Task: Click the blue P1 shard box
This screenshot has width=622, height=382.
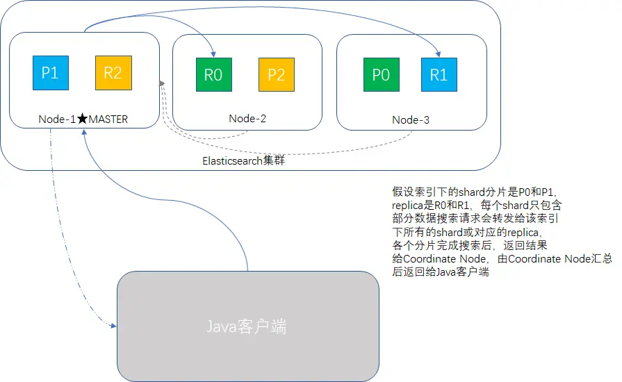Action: point(50,73)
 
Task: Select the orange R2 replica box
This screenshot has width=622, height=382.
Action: point(113,73)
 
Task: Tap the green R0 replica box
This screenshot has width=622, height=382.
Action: point(213,75)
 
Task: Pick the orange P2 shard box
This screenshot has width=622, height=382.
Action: point(276,75)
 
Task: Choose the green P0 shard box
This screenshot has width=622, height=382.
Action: point(381,75)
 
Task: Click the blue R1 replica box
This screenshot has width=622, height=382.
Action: point(439,75)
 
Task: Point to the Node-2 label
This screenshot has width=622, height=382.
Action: point(247,119)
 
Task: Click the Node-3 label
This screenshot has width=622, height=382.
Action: point(411,120)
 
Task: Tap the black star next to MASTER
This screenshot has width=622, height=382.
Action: point(82,119)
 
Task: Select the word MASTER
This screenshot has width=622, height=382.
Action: point(108,119)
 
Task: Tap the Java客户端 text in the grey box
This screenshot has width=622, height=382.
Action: point(247,326)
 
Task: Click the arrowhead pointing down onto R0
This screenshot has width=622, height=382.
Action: point(213,53)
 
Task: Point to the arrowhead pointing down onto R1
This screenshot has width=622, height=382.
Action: point(438,53)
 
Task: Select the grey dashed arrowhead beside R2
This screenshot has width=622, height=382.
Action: point(162,83)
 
